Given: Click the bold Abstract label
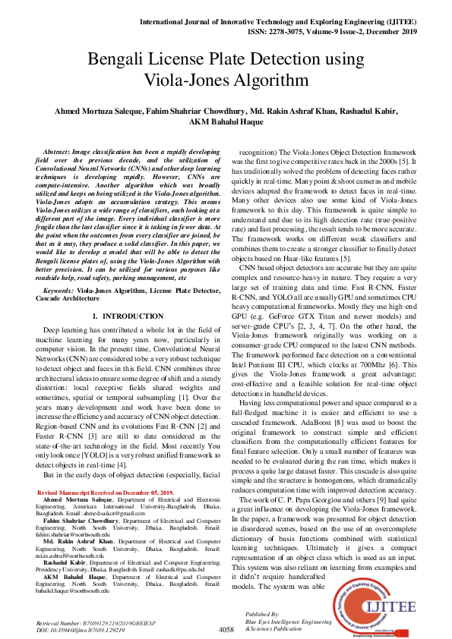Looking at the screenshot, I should (x=57, y=153).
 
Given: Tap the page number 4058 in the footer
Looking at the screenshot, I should (x=226, y=630).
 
